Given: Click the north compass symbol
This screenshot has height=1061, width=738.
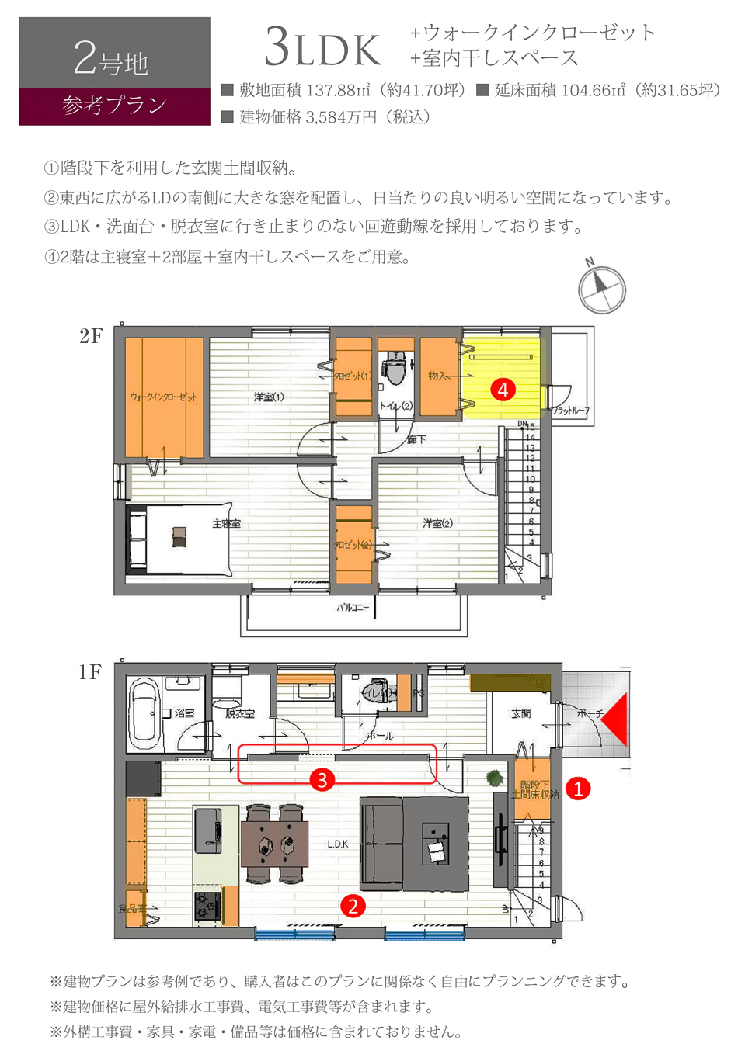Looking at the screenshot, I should coord(601,288).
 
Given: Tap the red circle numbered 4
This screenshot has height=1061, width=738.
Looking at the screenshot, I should coord(503,389).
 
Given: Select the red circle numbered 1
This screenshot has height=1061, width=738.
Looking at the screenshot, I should coord(578,789).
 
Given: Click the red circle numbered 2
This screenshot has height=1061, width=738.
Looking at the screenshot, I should coord(353,905).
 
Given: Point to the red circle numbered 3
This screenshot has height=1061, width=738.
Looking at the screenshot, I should coord(322,778).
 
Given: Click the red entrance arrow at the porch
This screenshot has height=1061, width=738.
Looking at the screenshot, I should coord(614,719).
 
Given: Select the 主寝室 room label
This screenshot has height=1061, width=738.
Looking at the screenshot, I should coord(226,524).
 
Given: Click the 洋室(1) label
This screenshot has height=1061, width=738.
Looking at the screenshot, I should coord(269,397).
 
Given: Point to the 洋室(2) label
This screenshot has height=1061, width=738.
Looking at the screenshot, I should coord(437,524).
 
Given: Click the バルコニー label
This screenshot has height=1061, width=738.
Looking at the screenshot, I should coord(353,607).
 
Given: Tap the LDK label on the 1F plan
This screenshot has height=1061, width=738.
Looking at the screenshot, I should coord(338,844).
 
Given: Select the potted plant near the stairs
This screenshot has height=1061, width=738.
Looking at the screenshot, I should coord(493,778).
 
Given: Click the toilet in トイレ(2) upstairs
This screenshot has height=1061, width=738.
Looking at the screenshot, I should coord(394,369).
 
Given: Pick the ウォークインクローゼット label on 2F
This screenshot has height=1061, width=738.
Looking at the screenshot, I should coord(164,397).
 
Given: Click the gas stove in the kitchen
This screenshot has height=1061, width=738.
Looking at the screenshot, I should coord(207,906).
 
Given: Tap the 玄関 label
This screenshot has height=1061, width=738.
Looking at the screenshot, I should coord(520,713).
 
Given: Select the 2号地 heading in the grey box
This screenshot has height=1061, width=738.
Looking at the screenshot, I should coord(111,59).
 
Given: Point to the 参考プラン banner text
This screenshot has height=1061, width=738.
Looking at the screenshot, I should coord(114,106).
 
